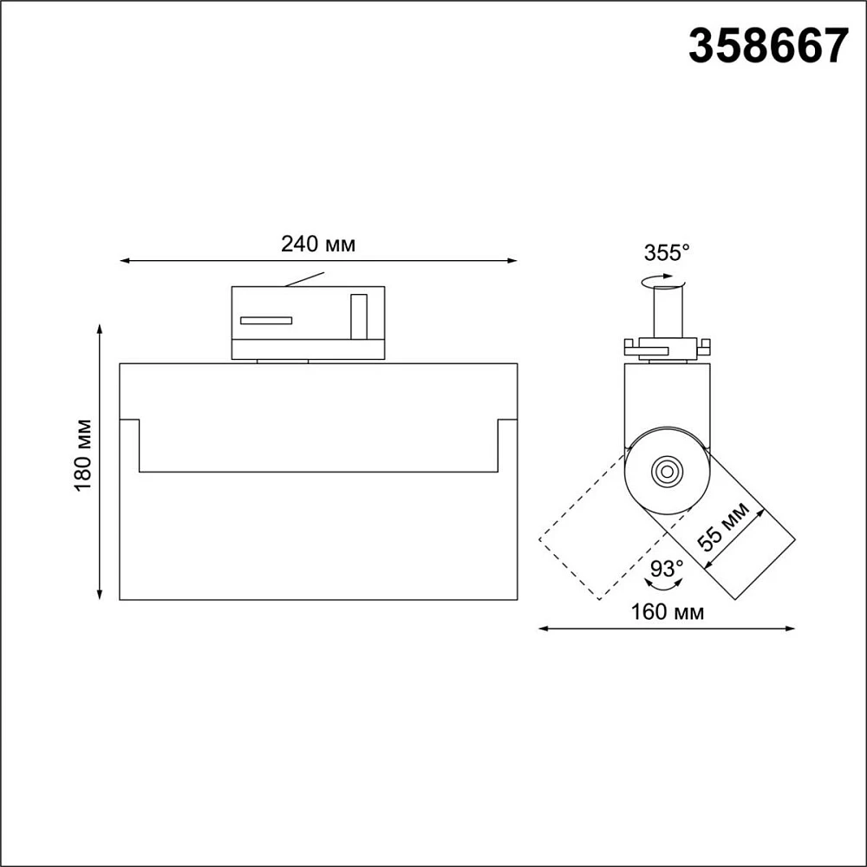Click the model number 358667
click(x=768, y=46)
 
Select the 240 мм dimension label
click(x=318, y=244)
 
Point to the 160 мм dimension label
click(x=668, y=611)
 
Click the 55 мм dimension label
click(x=723, y=526)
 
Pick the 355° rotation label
click(x=667, y=252)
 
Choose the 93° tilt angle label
click(x=666, y=568)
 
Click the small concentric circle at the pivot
click(x=667, y=472)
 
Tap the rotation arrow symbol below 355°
click(x=662, y=281)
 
